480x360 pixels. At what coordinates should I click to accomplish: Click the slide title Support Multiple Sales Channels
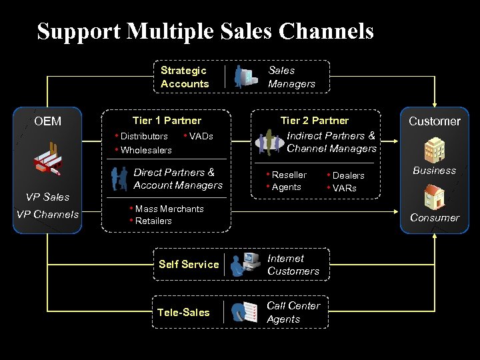click(205, 31)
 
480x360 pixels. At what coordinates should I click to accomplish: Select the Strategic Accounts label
click(185, 77)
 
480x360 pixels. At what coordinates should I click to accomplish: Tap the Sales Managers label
click(291, 77)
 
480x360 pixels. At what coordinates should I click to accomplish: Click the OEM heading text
click(48, 121)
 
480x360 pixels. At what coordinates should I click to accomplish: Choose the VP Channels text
click(47, 214)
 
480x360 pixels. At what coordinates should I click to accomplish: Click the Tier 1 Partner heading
click(167, 121)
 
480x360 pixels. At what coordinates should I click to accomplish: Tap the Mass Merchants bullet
click(169, 209)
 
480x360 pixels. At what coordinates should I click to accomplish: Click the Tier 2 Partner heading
click(315, 121)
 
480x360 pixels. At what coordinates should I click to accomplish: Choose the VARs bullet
click(345, 188)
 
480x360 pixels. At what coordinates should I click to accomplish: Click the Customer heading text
click(435, 121)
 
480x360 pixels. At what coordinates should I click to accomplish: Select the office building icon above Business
click(435, 149)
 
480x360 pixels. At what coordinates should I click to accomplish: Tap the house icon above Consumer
click(435, 197)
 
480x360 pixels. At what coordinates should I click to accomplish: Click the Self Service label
click(189, 264)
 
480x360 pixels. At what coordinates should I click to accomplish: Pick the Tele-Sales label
click(183, 312)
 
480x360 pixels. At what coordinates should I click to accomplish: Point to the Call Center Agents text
click(293, 312)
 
